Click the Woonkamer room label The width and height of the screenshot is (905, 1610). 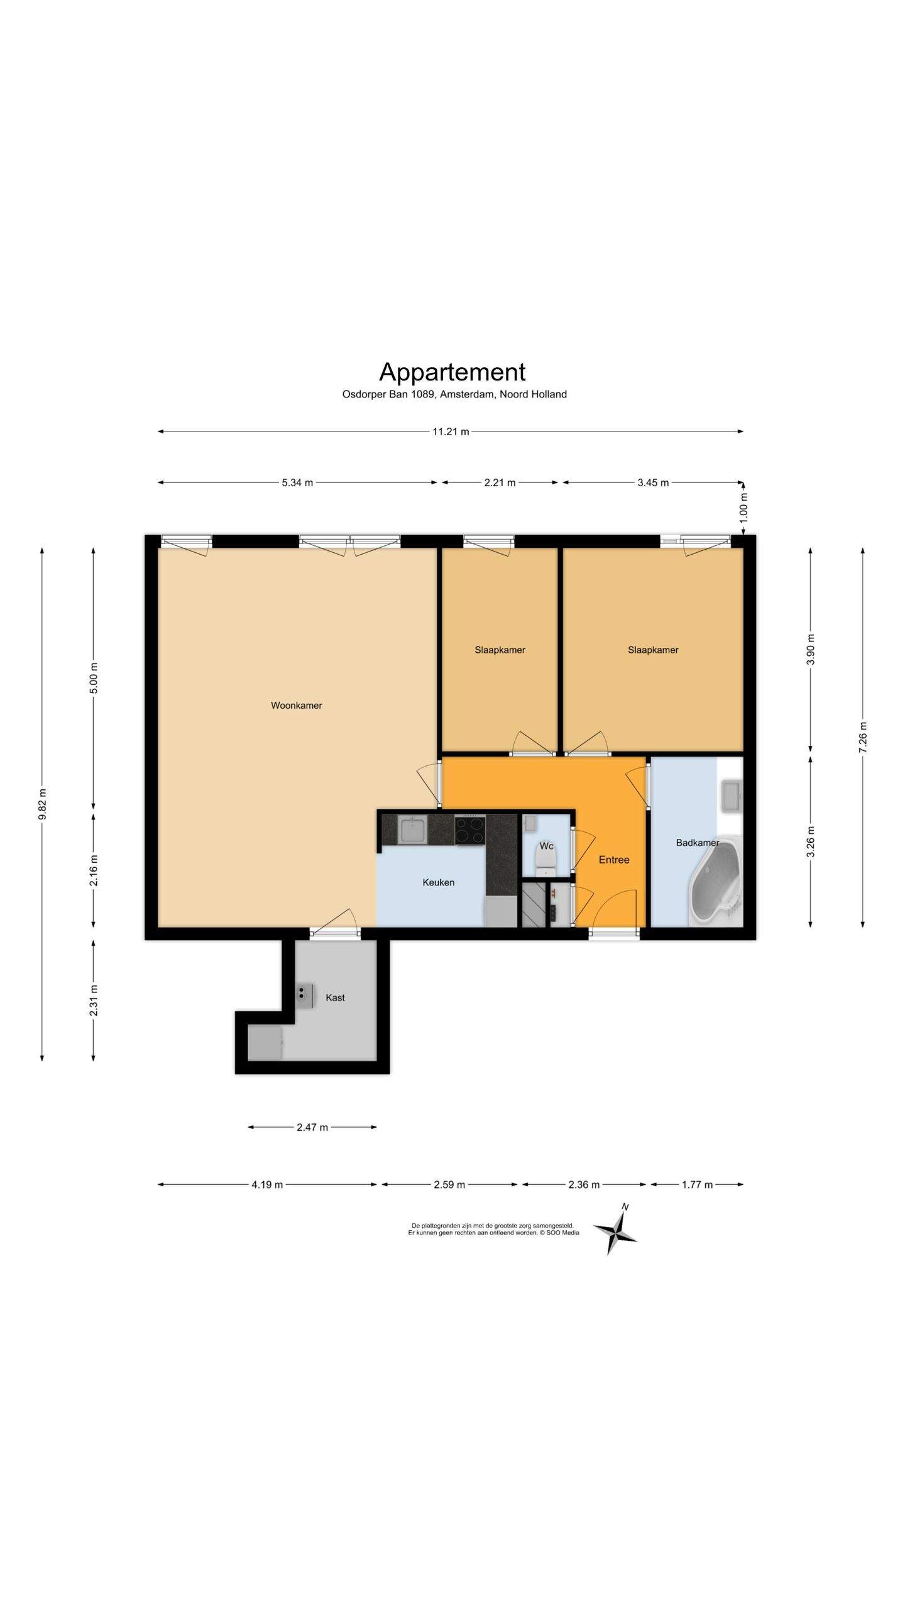pyautogui.click(x=296, y=706)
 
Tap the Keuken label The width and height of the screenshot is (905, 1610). pyautogui.click(x=438, y=882)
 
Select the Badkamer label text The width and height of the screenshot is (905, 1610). pyautogui.click(x=698, y=843)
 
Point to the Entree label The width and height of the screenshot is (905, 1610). pyautogui.click(x=613, y=860)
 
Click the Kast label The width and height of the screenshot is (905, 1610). pyautogui.click(x=335, y=997)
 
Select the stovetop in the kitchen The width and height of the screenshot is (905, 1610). pyautogui.click(x=470, y=830)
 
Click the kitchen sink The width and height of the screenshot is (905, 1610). pyautogui.click(x=413, y=829)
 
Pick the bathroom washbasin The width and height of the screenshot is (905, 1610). pyautogui.click(x=732, y=795)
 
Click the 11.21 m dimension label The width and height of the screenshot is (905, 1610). pyautogui.click(x=451, y=431)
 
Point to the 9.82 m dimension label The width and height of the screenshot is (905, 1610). pyautogui.click(x=42, y=804)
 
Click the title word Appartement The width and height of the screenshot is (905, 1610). pyautogui.click(x=452, y=372)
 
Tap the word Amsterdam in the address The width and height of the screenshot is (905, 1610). pyautogui.click(x=468, y=394)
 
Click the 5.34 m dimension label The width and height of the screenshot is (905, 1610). pyautogui.click(x=297, y=482)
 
